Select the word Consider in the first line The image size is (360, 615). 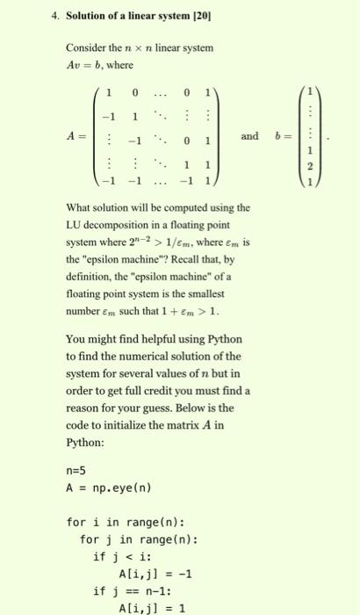click(x=84, y=48)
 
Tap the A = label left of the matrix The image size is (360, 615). click(x=76, y=137)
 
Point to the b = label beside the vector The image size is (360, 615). click(x=281, y=137)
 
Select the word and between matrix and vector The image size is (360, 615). click(x=250, y=137)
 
